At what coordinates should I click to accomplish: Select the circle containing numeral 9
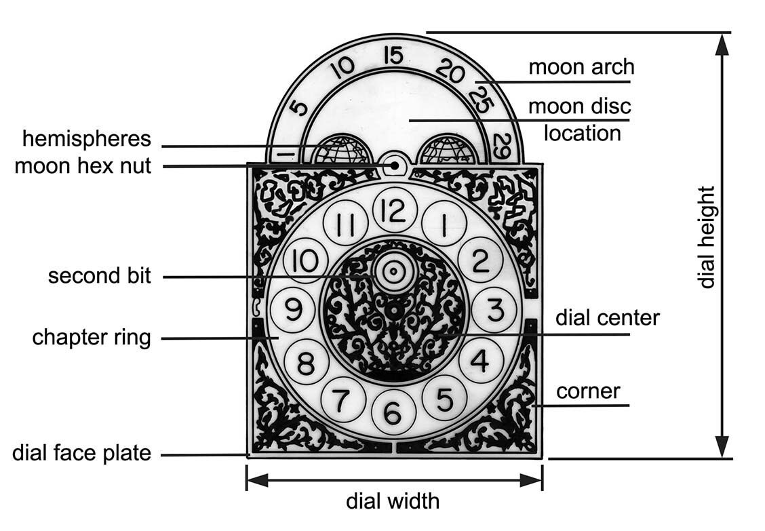click(292, 310)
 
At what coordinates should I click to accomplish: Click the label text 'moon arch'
click(581, 67)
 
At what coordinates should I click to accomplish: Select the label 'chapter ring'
click(92, 337)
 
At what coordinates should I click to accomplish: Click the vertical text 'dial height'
click(707, 237)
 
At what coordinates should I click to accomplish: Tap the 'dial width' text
click(393, 502)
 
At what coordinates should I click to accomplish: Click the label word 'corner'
click(588, 391)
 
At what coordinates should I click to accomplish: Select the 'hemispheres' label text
click(87, 139)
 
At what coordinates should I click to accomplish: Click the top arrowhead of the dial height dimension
click(723, 43)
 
